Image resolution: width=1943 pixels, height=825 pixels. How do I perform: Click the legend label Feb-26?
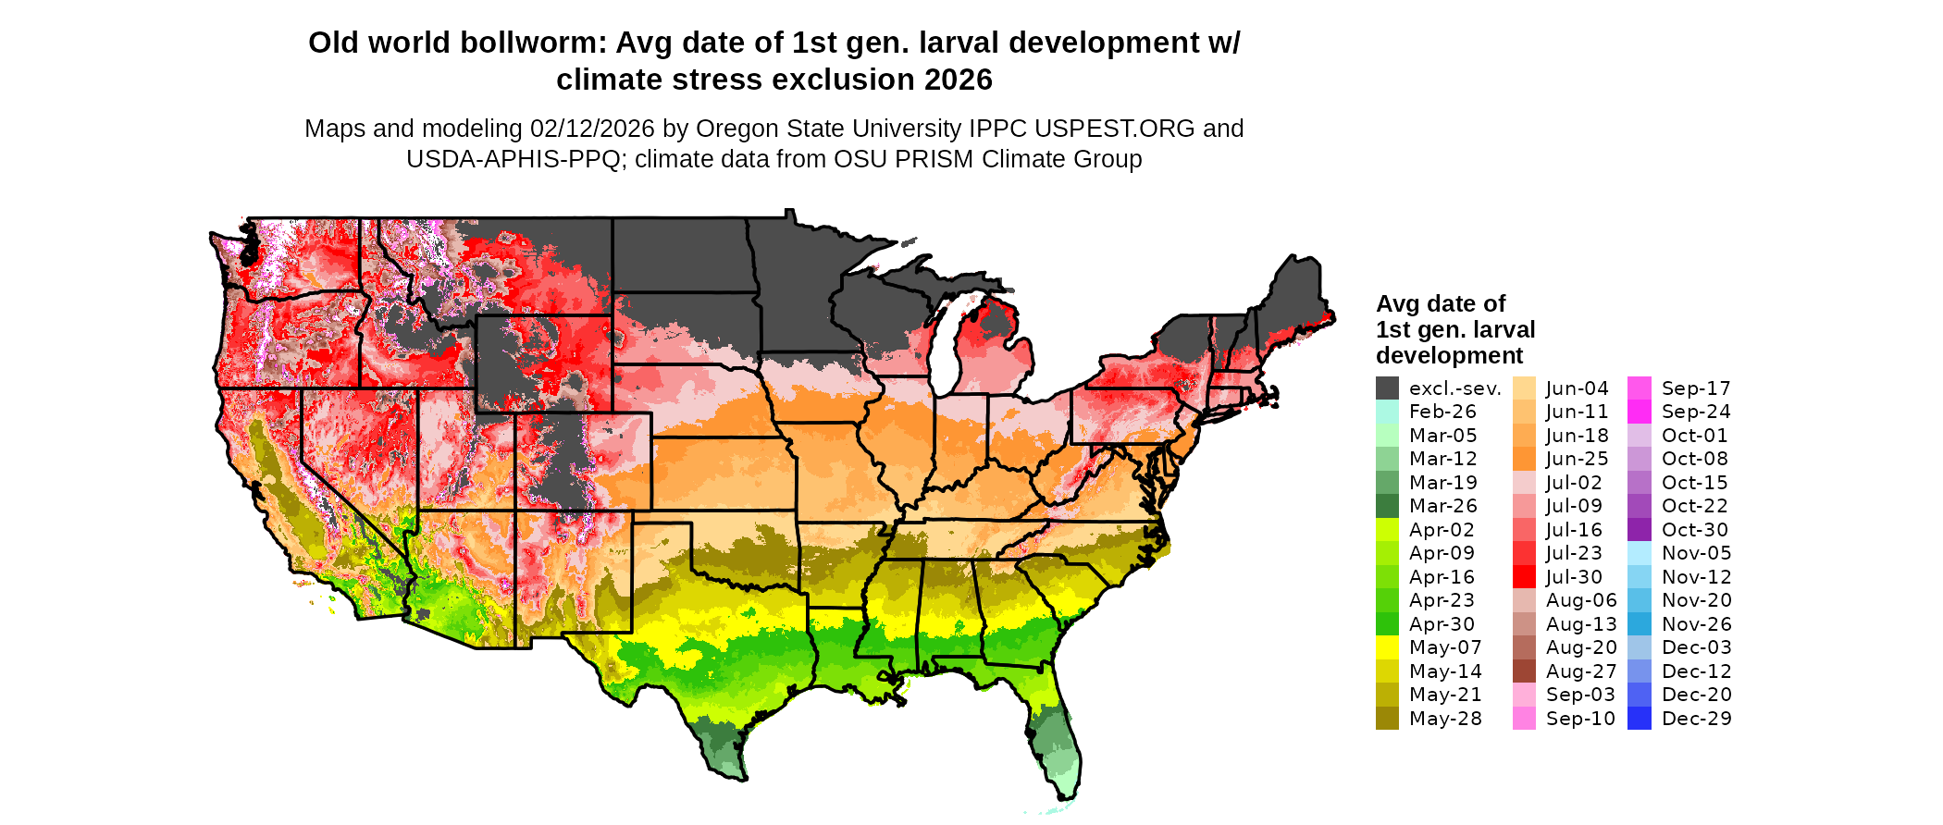1442,412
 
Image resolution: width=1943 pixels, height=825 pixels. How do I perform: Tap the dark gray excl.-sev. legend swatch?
1387,388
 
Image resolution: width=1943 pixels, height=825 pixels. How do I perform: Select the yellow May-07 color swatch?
1387,647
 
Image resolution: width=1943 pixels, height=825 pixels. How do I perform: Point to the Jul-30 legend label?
1574,577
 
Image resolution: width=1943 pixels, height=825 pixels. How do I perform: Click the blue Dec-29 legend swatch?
1639,719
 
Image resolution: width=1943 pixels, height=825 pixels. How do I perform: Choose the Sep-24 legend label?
1696,412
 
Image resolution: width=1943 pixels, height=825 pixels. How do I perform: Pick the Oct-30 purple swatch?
1639,530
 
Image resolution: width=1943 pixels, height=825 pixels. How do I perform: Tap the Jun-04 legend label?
1578,388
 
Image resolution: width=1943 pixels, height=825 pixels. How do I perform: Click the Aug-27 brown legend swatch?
1524,671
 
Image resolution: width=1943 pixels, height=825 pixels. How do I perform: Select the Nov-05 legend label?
1697,553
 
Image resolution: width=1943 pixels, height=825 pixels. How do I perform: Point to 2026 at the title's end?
958,80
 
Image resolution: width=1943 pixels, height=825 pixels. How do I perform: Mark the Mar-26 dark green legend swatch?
1387,506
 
